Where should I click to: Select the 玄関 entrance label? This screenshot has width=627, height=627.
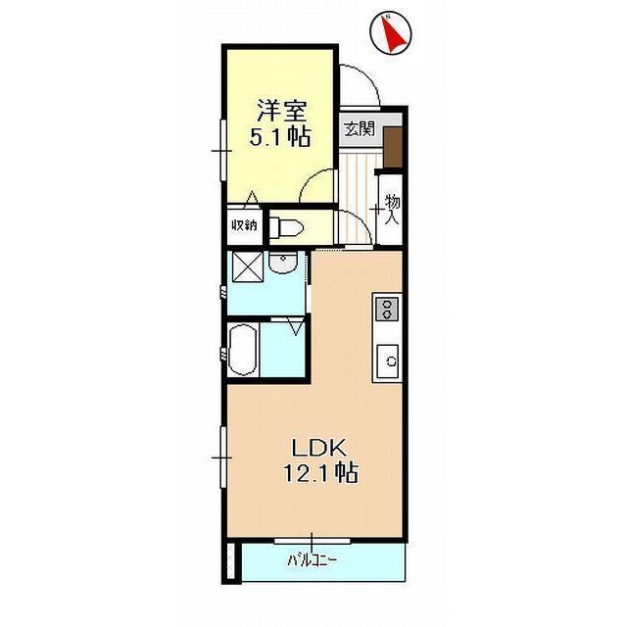[x=360, y=127]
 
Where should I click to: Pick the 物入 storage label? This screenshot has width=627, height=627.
[x=392, y=209]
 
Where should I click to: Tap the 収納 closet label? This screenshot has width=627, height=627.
[x=244, y=224]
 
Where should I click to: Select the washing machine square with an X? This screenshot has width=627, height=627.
[x=245, y=265]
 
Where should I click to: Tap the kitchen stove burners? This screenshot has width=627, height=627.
[x=386, y=311]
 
